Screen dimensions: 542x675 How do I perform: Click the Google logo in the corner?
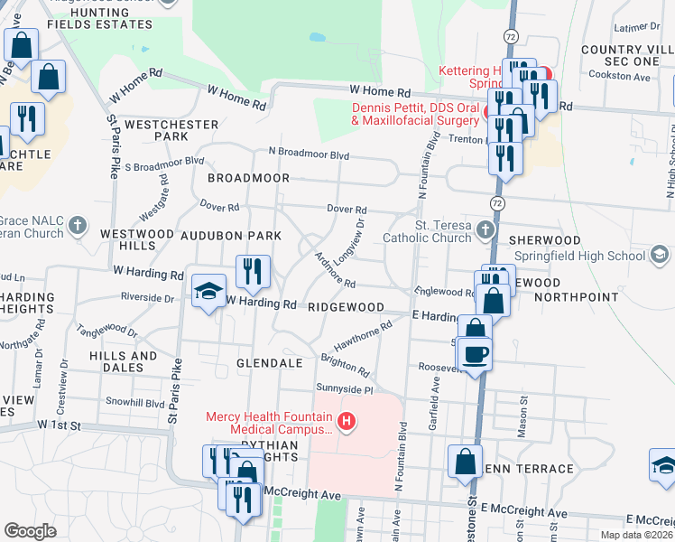click(30, 531)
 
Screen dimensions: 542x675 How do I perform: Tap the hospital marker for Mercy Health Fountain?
click(345, 422)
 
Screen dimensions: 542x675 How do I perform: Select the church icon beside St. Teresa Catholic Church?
click(485, 229)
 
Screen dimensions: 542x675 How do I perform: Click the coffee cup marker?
click(475, 352)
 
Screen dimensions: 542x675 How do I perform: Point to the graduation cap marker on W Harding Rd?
click(208, 292)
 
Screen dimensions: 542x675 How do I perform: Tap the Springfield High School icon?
click(660, 256)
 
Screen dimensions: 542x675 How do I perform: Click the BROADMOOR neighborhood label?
click(248, 179)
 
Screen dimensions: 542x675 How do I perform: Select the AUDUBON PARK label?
click(232, 235)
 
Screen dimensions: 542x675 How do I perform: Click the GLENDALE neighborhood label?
click(269, 363)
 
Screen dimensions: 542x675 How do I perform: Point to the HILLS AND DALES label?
click(123, 362)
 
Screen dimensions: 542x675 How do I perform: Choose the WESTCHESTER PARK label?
click(171, 130)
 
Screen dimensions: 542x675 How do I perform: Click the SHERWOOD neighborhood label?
click(544, 240)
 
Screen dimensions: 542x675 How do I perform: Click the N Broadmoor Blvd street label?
click(308, 154)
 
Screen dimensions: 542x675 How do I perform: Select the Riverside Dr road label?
click(150, 297)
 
